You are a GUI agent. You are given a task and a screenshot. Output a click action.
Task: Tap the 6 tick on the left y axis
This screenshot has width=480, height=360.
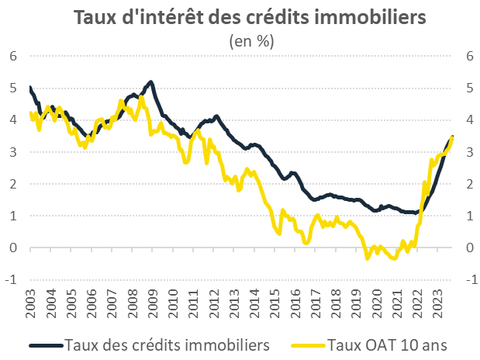coord(13,56)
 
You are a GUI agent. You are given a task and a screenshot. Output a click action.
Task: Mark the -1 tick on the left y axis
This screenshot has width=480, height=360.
coord(11,280)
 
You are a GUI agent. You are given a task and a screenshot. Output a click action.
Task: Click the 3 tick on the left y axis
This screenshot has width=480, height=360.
coord(13,152)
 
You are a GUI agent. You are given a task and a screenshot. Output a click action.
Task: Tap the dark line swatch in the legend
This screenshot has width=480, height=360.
coord(46,344)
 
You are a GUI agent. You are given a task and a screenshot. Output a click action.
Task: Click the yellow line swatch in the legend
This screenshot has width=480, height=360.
coord(306,344)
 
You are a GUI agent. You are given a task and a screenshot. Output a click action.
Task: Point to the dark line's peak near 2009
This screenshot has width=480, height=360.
coord(150,81)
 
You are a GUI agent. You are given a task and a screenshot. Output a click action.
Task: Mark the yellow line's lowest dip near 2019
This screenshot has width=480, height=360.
coord(368,258)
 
